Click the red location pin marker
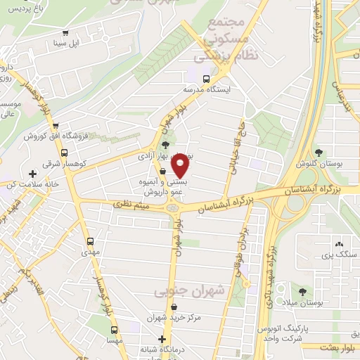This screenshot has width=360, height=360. point(181,167)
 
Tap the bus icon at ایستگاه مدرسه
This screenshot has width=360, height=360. point(206,79)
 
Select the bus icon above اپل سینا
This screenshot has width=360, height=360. point(65,32)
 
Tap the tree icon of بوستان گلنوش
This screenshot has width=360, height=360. point(319,152)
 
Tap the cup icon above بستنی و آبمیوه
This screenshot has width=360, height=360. point(162,171)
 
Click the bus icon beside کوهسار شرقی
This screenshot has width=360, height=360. point(64,152)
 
